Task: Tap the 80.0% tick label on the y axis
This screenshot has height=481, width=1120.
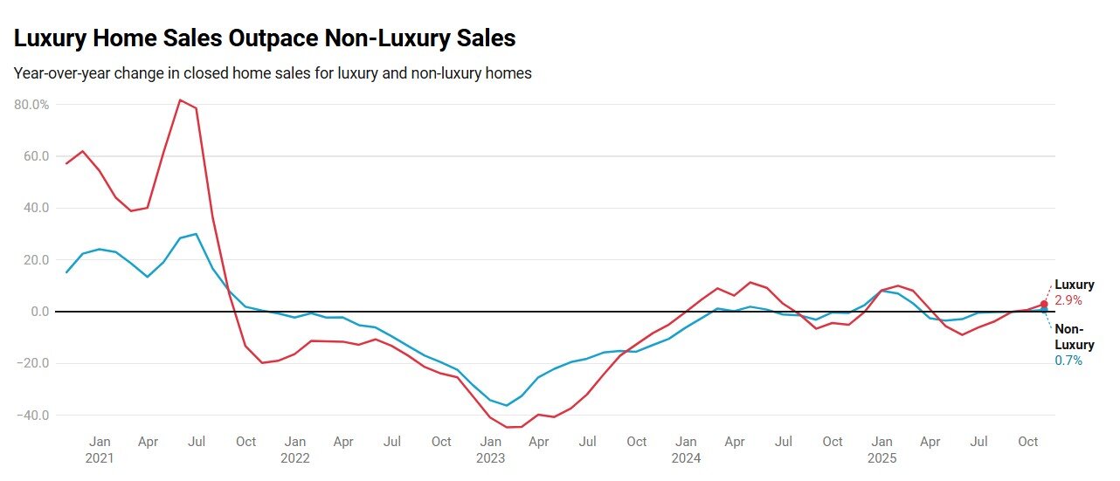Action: [32, 105]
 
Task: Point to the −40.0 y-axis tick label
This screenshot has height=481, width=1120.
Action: [32, 415]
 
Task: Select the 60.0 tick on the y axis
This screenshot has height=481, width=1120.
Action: [36, 156]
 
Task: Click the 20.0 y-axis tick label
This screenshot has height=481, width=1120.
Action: [36, 260]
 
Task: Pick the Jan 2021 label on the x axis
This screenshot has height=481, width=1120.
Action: [100, 449]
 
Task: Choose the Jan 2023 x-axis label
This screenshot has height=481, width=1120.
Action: [491, 449]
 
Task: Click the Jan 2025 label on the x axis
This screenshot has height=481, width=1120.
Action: [882, 449]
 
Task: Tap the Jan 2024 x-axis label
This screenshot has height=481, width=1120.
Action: [687, 449]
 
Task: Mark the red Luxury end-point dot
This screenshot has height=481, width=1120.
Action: [1044, 305]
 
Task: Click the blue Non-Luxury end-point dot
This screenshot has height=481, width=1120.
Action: [1044, 310]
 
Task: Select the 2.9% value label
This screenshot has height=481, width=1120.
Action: [1068, 300]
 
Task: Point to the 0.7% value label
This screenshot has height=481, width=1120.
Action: [1068, 361]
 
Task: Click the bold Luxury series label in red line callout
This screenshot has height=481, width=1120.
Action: [1074, 285]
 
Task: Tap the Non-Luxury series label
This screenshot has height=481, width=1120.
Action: [1074, 337]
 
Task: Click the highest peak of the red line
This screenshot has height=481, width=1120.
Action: [180, 100]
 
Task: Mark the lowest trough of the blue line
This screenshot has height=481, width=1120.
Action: [507, 405]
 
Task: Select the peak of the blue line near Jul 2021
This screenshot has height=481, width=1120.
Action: [197, 234]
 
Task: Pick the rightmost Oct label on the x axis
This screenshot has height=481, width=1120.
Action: [1028, 442]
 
